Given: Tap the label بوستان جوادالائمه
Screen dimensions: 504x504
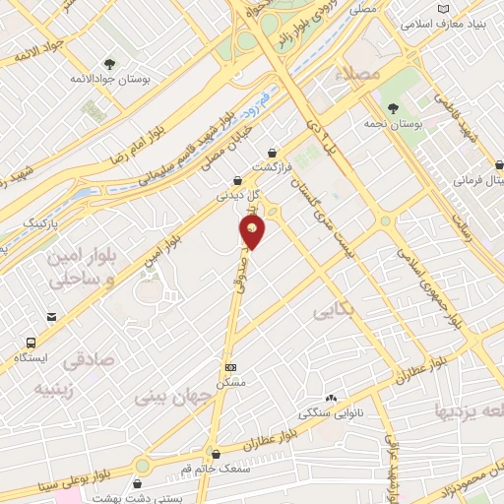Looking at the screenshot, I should coord(109,78).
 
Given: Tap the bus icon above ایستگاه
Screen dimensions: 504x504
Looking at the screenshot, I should coord(31,344).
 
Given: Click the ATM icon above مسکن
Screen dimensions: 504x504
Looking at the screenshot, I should coord(231,366).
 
